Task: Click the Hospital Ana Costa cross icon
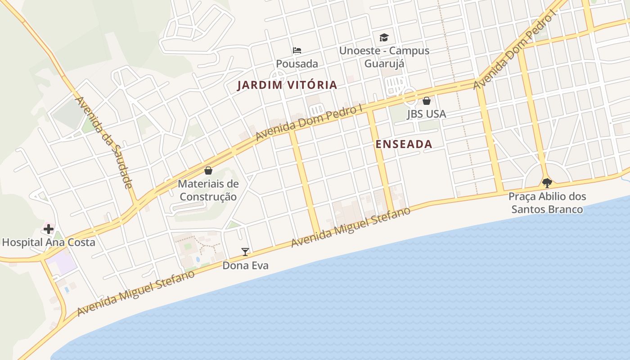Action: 48,229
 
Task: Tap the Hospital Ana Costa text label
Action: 49,243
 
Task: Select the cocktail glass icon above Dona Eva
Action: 245,252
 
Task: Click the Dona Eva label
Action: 246,265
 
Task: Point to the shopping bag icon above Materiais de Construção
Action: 208,171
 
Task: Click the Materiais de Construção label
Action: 208,190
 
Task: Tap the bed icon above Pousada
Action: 297,50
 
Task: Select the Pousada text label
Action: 297,64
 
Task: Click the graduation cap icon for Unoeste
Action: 384,37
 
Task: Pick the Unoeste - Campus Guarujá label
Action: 384,57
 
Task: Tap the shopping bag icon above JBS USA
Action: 427,101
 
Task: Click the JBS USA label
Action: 427,114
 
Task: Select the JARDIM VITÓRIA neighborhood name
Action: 287,85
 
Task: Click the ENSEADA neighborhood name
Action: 404,144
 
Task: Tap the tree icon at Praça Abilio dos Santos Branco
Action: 547,183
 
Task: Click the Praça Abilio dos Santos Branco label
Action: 547,203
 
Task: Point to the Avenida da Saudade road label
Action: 104,142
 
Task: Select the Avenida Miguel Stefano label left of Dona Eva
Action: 136,293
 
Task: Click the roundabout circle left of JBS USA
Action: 409,96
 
